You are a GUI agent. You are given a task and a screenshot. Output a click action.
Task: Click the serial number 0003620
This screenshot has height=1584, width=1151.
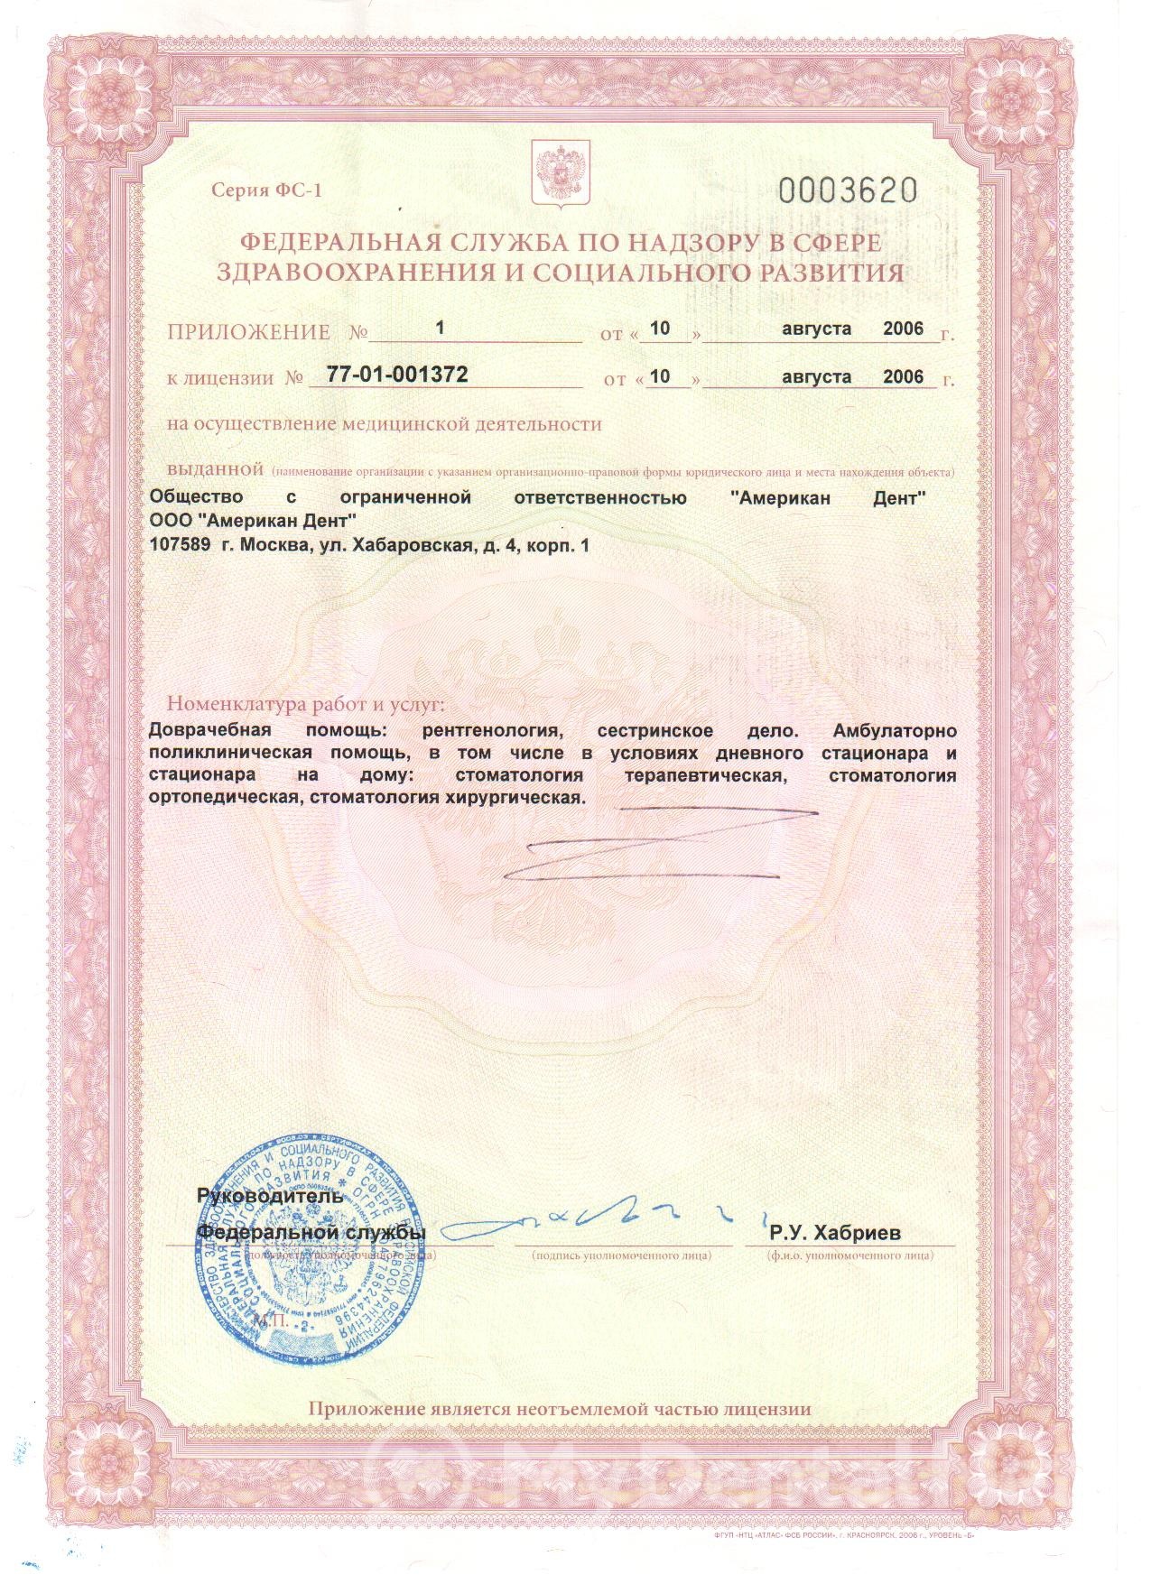848,190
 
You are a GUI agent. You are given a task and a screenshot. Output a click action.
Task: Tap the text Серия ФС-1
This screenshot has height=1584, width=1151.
266,190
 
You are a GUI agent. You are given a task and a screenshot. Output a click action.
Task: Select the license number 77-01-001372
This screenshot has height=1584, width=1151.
397,375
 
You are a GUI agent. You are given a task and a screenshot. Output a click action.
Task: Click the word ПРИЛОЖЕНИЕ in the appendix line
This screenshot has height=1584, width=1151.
248,332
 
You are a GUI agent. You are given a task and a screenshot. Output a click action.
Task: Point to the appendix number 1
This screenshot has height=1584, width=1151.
441,329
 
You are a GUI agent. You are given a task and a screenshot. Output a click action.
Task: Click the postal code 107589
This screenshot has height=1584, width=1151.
180,545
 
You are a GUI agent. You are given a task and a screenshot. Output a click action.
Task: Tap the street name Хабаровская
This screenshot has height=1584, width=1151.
413,545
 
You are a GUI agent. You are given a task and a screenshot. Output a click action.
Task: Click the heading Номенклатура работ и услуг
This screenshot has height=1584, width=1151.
306,704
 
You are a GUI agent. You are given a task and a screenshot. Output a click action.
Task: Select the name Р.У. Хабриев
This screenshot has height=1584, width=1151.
835,1233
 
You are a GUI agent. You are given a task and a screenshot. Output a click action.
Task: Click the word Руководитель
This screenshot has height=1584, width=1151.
269,1197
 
